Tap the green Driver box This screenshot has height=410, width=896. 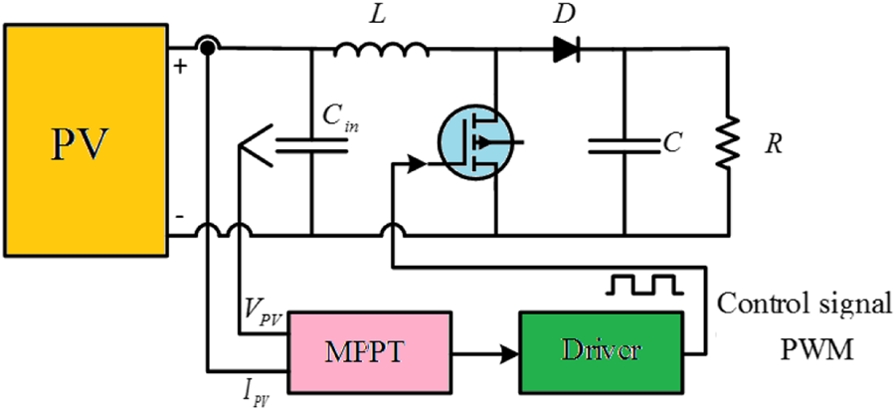(601, 351)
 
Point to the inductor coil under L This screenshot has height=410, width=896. (382, 47)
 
